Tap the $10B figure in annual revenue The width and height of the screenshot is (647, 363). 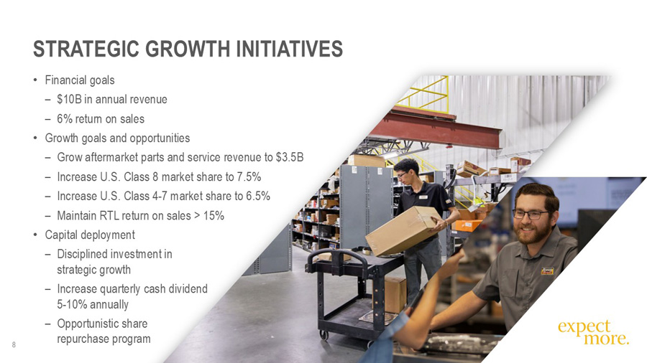68,100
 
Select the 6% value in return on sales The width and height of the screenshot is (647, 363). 65,119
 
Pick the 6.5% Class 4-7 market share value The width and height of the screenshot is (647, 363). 257,197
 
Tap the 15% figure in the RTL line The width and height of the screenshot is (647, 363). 214,215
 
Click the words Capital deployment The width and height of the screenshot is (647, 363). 90,235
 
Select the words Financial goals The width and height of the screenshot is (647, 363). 80,80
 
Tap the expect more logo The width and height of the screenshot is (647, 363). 592,332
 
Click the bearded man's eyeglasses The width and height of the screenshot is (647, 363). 530,214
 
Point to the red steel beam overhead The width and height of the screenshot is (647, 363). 431,130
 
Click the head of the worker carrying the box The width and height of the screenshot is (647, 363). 406,171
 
